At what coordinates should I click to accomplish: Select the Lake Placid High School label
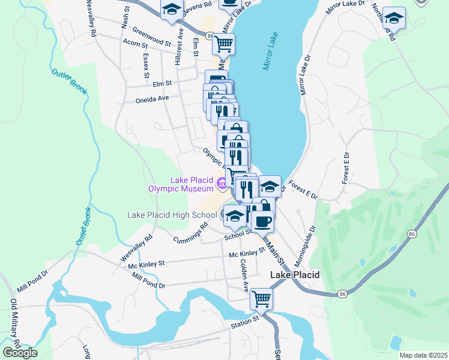(x=172, y=215)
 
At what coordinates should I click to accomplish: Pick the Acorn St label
(x=134, y=44)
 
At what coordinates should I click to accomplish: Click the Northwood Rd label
(x=382, y=21)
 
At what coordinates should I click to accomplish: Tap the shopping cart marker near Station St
(x=261, y=298)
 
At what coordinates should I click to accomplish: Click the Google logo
(x=20, y=352)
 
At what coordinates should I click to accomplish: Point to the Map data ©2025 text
(x=423, y=355)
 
